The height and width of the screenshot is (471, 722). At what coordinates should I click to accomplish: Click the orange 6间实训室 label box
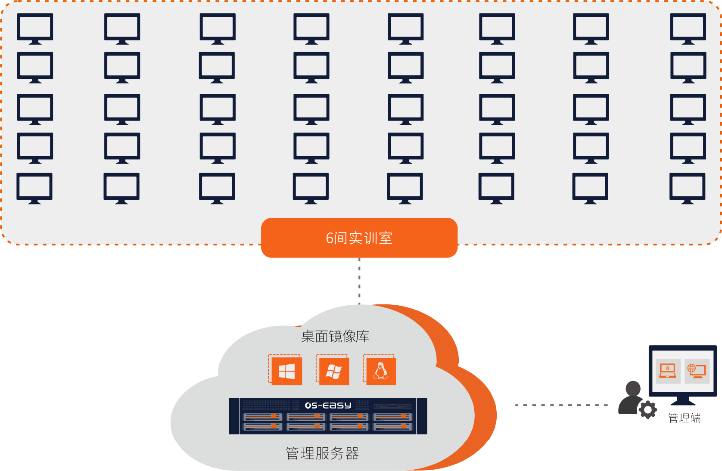(359, 238)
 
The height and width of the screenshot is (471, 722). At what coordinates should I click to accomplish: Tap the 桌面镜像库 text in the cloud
(335, 336)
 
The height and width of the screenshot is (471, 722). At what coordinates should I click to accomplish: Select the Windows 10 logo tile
(286, 371)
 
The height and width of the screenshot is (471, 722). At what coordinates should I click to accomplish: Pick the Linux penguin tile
(380, 371)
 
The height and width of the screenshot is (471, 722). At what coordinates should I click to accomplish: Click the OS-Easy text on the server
(328, 405)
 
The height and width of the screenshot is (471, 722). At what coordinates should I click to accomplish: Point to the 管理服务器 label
(322, 453)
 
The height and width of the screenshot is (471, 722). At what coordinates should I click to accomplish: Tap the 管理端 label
(684, 418)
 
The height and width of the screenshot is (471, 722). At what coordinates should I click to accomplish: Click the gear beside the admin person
(647, 410)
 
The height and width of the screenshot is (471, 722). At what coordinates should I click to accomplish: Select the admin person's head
(633, 388)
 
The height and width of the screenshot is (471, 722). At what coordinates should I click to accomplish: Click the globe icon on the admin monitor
(692, 368)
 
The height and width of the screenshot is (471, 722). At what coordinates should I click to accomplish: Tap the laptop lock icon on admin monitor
(667, 370)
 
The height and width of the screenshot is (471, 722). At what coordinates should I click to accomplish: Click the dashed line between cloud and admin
(561, 405)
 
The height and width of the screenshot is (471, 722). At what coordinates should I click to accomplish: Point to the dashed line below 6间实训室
(359, 280)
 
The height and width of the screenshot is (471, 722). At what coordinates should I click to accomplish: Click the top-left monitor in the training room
(35, 28)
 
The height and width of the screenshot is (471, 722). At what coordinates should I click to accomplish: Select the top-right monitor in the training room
(688, 28)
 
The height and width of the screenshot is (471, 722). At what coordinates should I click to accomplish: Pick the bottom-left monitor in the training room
(34, 188)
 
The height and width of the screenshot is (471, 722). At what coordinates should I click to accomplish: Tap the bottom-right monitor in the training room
(687, 188)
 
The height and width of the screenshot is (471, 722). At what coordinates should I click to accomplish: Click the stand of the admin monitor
(683, 401)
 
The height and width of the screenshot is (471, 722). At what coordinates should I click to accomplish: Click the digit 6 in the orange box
(330, 238)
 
